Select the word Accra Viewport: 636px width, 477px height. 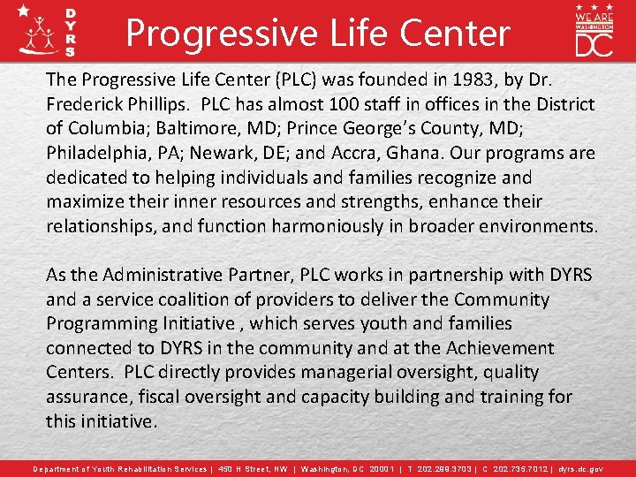[395, 153]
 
